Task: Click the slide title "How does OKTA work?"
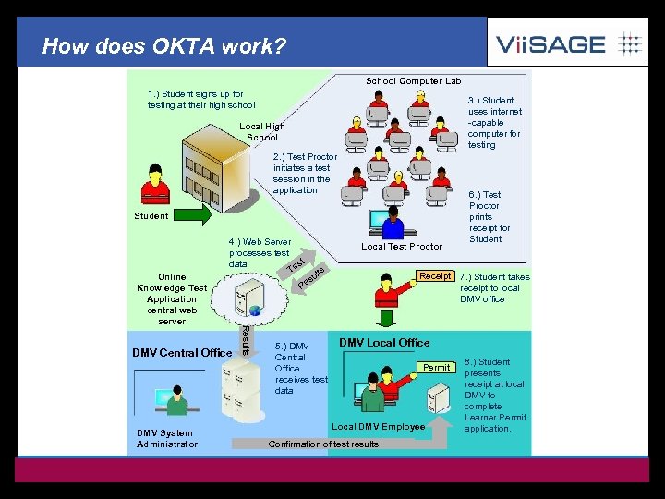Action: (164, 45)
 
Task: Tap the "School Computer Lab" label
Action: (413, 81)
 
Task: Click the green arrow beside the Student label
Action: (194, 216)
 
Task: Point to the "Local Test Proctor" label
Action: (402, 247)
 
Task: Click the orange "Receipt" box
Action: (435, 276)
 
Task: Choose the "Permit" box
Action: (436, 368)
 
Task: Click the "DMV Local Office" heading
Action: (384, 343)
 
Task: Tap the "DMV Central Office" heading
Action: (182, 353)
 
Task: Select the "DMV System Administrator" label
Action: (166, 439)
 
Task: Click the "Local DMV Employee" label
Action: (379, 427)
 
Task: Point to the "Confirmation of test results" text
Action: (323, 444)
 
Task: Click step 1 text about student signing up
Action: (200, 100)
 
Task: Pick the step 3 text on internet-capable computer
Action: (494, 123)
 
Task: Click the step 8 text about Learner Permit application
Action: (494, 396)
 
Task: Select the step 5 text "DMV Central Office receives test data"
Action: (300, 369)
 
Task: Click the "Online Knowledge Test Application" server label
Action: (172, 298)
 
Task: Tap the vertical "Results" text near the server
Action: (245, 338)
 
